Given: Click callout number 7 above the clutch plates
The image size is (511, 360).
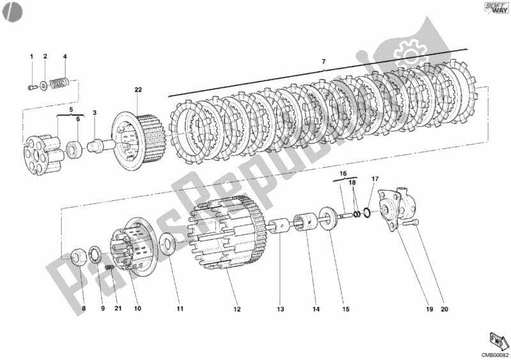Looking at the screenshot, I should (x=323, y=61).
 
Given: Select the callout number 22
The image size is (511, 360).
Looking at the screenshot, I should (x=138, y=90).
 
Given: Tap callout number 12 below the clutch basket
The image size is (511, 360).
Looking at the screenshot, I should (x=237, y=310).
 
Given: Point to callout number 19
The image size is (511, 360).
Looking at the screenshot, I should (x=429, y=310).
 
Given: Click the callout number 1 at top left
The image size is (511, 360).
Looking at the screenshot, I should (x=31, y=57).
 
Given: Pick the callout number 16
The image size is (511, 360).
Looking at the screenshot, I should (x=342, y=173).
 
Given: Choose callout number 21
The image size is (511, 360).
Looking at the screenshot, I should (x=118, y=310).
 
